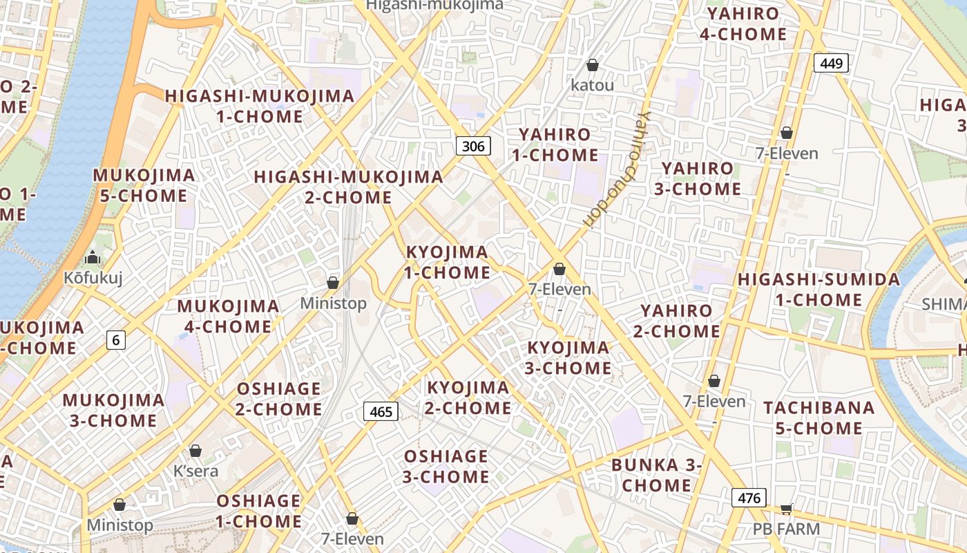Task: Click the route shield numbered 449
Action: [831, 64]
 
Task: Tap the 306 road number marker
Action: [473, 145]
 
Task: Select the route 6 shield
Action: [116, 339]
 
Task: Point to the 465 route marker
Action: [381, 412]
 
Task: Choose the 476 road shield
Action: [749, 498]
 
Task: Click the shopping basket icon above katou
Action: [592, 66]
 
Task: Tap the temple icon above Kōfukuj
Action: [93, 259]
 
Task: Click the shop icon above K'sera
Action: [195, 451]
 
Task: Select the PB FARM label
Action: [786, 529]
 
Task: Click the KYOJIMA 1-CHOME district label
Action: [447, 262]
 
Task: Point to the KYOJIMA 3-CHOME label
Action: [568, 357]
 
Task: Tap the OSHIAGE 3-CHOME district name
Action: [446, 467]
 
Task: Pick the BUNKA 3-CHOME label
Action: [656, 475]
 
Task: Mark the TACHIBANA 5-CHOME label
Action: [818, 418]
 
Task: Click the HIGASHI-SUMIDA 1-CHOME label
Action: [818, 290]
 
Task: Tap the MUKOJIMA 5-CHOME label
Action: [144, 185]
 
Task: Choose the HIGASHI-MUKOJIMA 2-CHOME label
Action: [348, 187]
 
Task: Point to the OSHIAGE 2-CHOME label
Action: [278, 398]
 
